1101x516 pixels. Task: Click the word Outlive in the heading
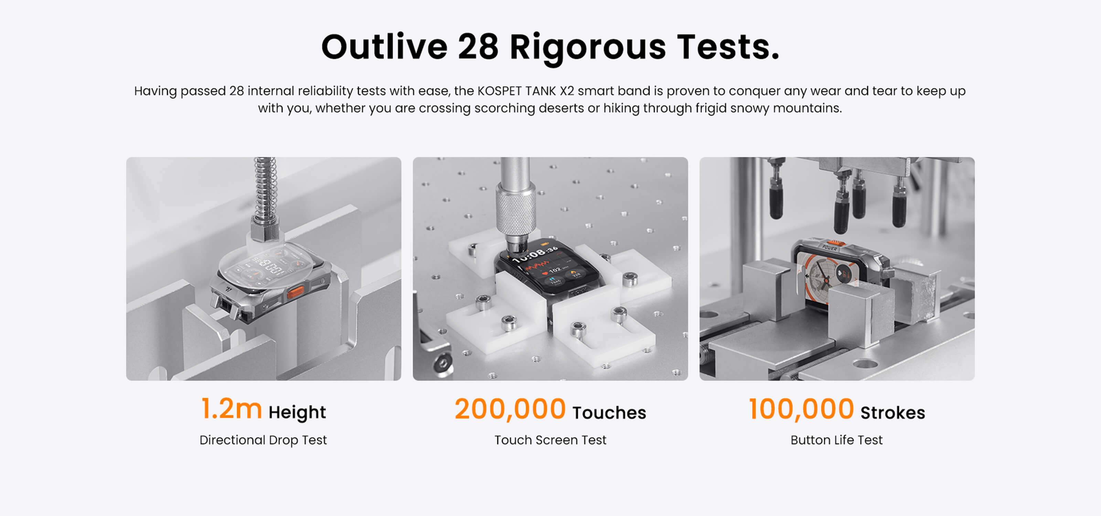384,47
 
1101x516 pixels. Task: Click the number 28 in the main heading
478,47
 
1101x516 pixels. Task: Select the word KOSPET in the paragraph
499,91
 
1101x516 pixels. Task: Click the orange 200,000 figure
510,409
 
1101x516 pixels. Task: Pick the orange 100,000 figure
801,409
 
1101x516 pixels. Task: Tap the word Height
297,412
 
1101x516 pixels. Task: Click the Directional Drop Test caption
263,440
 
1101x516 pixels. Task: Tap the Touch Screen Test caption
550,440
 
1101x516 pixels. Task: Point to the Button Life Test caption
836,440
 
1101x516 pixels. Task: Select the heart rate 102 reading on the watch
555,270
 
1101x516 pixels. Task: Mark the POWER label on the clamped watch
830,247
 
